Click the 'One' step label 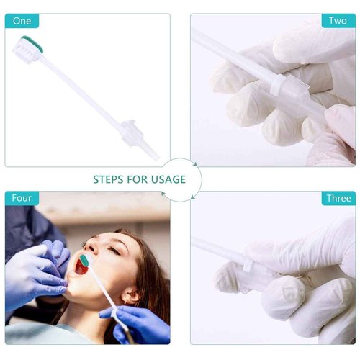tap(21, 21)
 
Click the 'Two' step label tap(338, 21)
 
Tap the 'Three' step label tap(338, 198)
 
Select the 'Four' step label tap(22, 198)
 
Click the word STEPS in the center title tap(112, 179)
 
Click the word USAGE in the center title tap(167, 179)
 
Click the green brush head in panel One tap(32, 42)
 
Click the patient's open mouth tap(81, 266)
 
